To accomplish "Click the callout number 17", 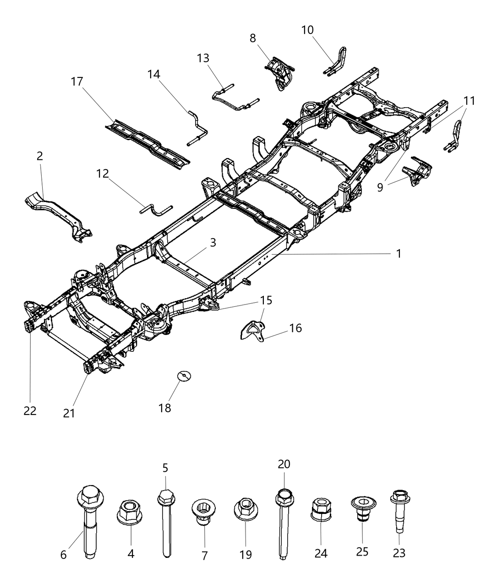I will coord(77,82).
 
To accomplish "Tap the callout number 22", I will coord(30,411).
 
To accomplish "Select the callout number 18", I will coord(164,408).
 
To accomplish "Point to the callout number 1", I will coord(399,253).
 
